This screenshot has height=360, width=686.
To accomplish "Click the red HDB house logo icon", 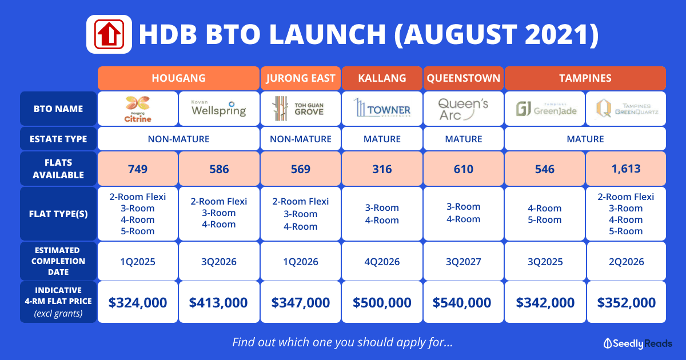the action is (109, 34).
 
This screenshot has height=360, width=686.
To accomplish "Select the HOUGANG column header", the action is (178, 78).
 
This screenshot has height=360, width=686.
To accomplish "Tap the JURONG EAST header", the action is (301, 78).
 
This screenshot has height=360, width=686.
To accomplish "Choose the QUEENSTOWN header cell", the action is (464, 78).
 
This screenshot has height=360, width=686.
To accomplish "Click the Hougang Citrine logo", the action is (138, 109).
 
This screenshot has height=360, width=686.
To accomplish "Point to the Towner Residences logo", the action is (382, 108).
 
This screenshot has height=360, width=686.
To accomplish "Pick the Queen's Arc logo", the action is (463, 109).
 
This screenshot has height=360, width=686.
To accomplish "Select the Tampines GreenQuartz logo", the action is (626, 109).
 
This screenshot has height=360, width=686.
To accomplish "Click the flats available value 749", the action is (138, 169).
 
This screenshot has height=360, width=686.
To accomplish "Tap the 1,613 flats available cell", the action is (626, 169).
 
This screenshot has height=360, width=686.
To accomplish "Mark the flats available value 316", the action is (382, 169).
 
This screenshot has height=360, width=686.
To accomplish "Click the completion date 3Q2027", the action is (464, 262).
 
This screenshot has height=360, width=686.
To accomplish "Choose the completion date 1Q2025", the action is (138, 262).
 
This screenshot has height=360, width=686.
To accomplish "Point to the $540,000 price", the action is (462, 302).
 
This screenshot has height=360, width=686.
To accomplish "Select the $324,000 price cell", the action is (138, 302).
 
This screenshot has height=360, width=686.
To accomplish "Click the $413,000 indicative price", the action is (218, 302).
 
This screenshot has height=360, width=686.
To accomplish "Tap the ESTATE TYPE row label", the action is (58, 139).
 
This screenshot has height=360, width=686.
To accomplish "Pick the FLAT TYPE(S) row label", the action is (58, 214).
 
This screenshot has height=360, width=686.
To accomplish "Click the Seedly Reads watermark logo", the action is (637, 343).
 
